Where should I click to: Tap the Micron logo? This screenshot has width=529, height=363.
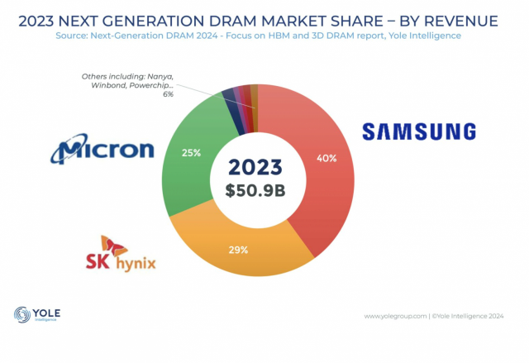103,150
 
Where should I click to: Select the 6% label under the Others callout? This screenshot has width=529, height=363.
168,95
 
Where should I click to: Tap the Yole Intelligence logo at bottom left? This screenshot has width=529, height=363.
37,316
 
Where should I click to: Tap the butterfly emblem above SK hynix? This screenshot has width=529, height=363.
111,244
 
